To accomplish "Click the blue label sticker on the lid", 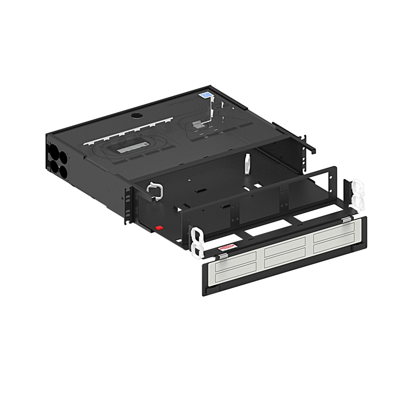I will (206, 95).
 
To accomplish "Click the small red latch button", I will (159, 228).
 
